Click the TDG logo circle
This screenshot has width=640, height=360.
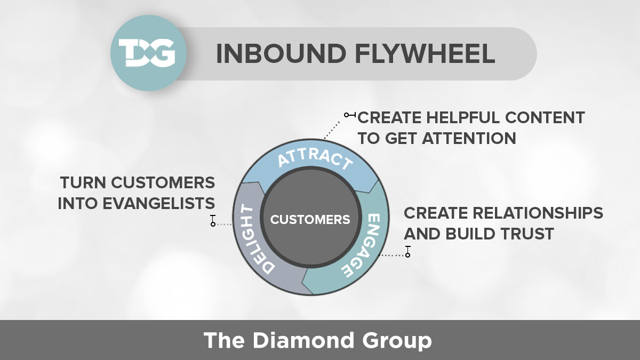(142, 53)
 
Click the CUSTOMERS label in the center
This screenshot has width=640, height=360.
(310, 220)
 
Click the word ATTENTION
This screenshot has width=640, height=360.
(469, 138)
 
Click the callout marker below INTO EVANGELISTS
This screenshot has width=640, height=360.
(213, 221)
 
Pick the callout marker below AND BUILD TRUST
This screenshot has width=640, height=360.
(408, 252)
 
